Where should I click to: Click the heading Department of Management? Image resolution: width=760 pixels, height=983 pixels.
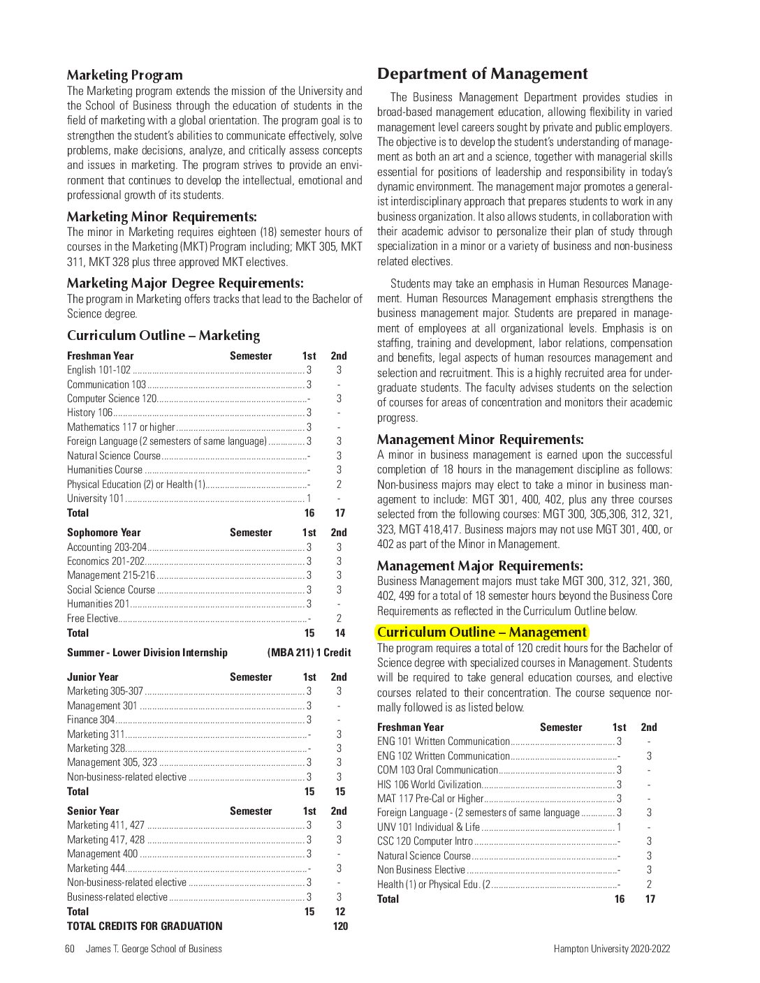pyautogui.click(x=482, y=74)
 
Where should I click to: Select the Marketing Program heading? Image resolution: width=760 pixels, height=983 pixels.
pyautogui.click(x=124, y=75)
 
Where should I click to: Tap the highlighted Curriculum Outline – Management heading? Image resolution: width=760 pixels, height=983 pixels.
pyautogui.click(x=481, y=633)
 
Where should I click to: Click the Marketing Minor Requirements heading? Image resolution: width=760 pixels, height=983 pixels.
pyautogui.click(x=161, y=217)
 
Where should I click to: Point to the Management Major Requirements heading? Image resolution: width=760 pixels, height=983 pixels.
pyautogui.click(x=479, y=566)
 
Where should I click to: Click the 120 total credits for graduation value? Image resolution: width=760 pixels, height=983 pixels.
pyautogui.click(x=340, y=926)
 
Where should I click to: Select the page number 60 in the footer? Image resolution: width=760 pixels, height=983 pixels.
pyautogui.click(x=70, y=949)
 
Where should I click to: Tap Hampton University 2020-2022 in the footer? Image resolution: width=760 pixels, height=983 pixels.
pyautogui.click(x=611, y=949)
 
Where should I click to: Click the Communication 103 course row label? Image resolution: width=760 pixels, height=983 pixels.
pyautogui.click(x=106, y=385)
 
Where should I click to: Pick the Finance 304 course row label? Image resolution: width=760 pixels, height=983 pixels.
pyautogui.click(x=91, y=720)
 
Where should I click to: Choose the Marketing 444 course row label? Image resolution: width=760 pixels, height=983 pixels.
pyautogui.click(x=96, y=869)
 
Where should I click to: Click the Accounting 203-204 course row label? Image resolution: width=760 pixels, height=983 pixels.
pyautogui.click(x=107, y=547)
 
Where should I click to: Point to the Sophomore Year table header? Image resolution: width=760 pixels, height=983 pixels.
pyautogui.click(x=103, y=533)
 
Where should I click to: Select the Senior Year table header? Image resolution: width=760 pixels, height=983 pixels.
pyautogui.click(x=93, y=811)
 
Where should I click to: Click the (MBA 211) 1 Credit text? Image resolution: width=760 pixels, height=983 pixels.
pyautogui.click(x=309, y=653)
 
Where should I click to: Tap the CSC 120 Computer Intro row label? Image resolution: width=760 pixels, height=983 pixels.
pyautogui.click(x=425, y=841)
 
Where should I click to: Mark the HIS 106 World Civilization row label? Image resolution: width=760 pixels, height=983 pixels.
pyautogui.click(x=429, y=785)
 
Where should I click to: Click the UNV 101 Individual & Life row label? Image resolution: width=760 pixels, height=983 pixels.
pyautogui.click(x=428, y=827)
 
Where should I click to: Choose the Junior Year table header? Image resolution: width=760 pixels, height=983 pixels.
pyautogui.click(x=92, y=677)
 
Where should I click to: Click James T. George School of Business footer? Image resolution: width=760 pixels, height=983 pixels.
pyautogui.click(x=154, y=949)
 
